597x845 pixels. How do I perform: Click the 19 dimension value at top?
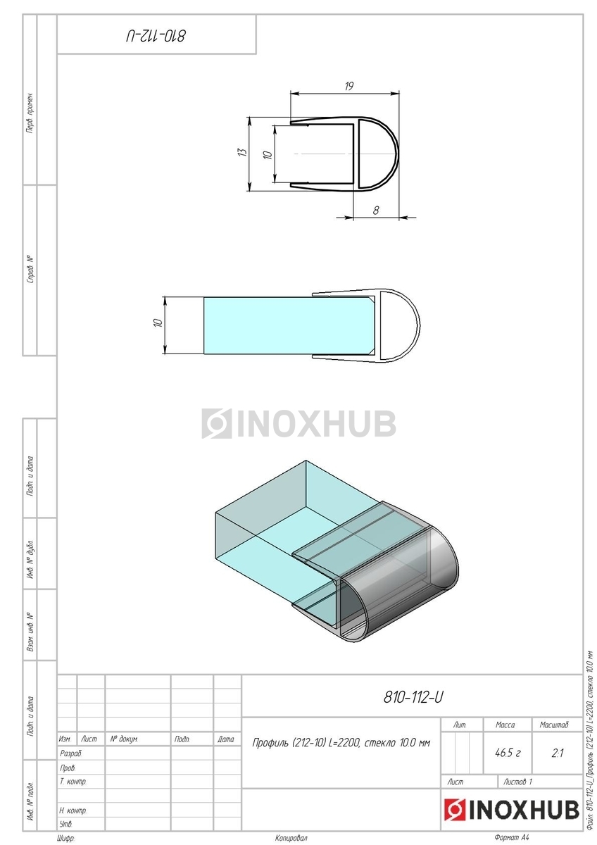[x=349, y=87]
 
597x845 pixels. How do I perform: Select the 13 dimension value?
[x=244, y=151]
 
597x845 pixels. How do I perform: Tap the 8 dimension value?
[x=376, y=211]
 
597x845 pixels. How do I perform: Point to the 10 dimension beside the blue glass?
[x=158, y=323]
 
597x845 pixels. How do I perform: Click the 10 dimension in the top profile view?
[x=268, y=154]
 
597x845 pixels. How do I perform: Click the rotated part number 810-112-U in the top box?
[x=156, y=36]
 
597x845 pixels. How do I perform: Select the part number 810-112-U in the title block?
[x=413, y=697]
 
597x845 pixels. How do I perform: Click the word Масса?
[x=505, y=725]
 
